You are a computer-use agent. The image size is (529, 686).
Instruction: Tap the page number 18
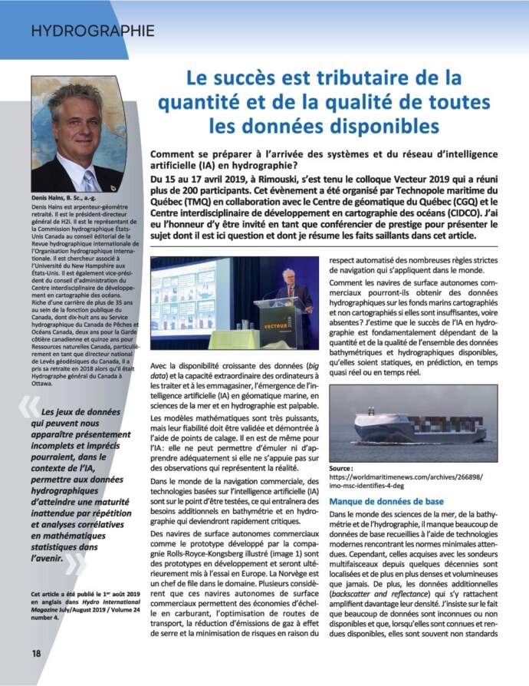[36, 653]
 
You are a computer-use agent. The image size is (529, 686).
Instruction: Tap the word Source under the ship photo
[340, 467]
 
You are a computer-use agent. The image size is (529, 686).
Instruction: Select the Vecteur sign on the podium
[294, 325]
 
